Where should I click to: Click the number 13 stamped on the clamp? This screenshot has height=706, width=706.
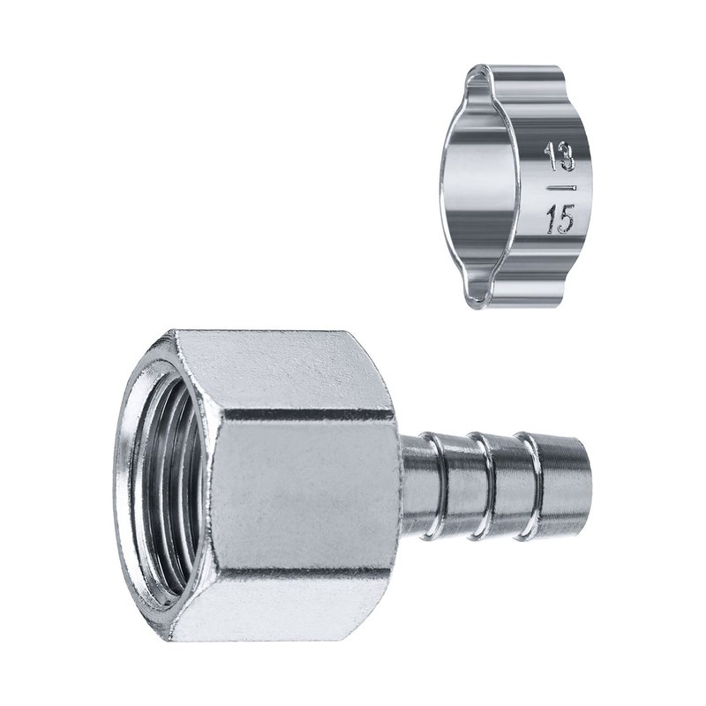560,156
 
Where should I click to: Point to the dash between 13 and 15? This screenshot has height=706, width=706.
561,186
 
